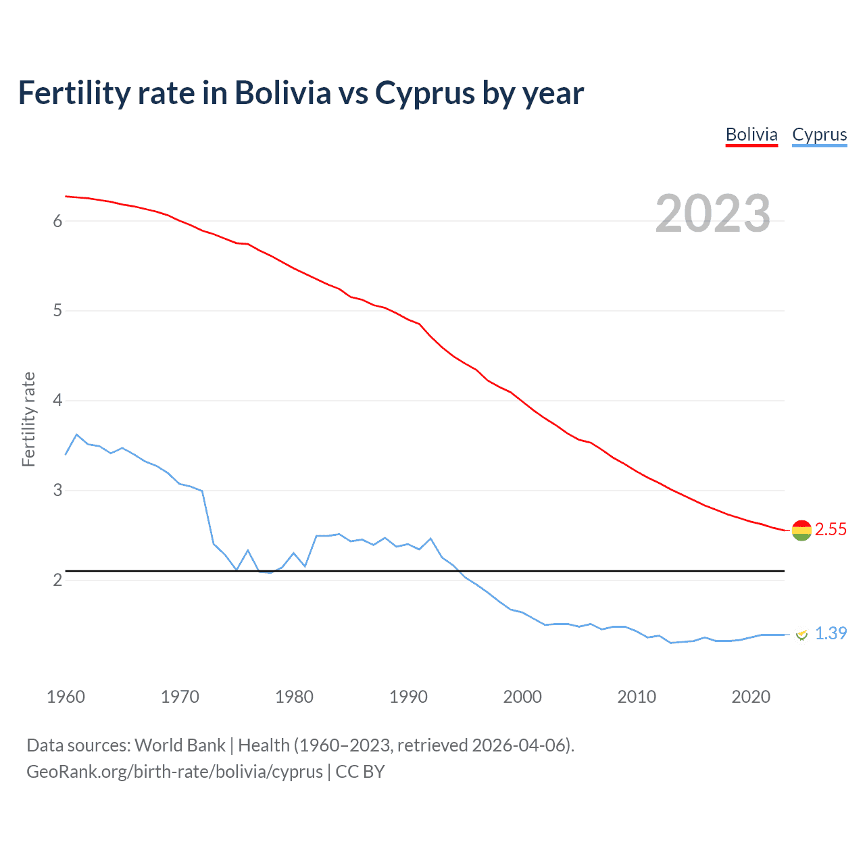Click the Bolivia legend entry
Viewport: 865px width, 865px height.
pos(751,134)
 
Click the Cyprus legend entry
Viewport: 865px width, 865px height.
pos(819,134)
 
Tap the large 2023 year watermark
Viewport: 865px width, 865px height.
pos(713,214)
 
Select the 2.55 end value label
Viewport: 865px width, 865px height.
pos(831,529)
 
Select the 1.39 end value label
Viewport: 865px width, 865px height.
pos(831,633)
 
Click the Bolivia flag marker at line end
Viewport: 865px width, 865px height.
pos(801,530)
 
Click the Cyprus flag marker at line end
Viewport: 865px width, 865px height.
pos(801,634)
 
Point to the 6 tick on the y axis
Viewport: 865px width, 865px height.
pos(57,221)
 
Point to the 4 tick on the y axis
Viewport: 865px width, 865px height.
pos(57,401)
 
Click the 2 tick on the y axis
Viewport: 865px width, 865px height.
pos(57,580)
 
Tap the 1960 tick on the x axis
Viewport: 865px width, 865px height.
pos(66,697)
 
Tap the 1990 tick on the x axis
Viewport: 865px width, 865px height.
pos(408,697)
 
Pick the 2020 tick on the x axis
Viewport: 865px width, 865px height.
pos(751,697)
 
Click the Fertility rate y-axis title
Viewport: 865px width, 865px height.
pos(28,419)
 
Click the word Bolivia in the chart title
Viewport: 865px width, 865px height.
pos(282,93)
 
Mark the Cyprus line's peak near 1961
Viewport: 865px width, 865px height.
pos(77,435)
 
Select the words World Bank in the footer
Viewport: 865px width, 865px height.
pos(180,745)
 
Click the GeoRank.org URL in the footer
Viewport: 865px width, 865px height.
pos(174,772)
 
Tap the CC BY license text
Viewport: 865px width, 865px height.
pos(360,772)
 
